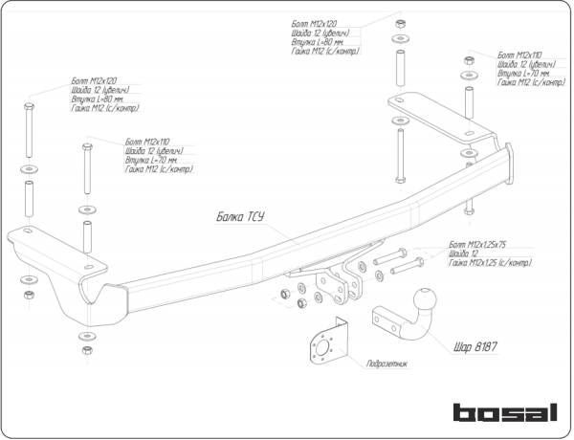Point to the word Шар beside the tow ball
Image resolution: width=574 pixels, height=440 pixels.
(461, 345)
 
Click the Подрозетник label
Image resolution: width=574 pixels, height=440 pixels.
(386, 364)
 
